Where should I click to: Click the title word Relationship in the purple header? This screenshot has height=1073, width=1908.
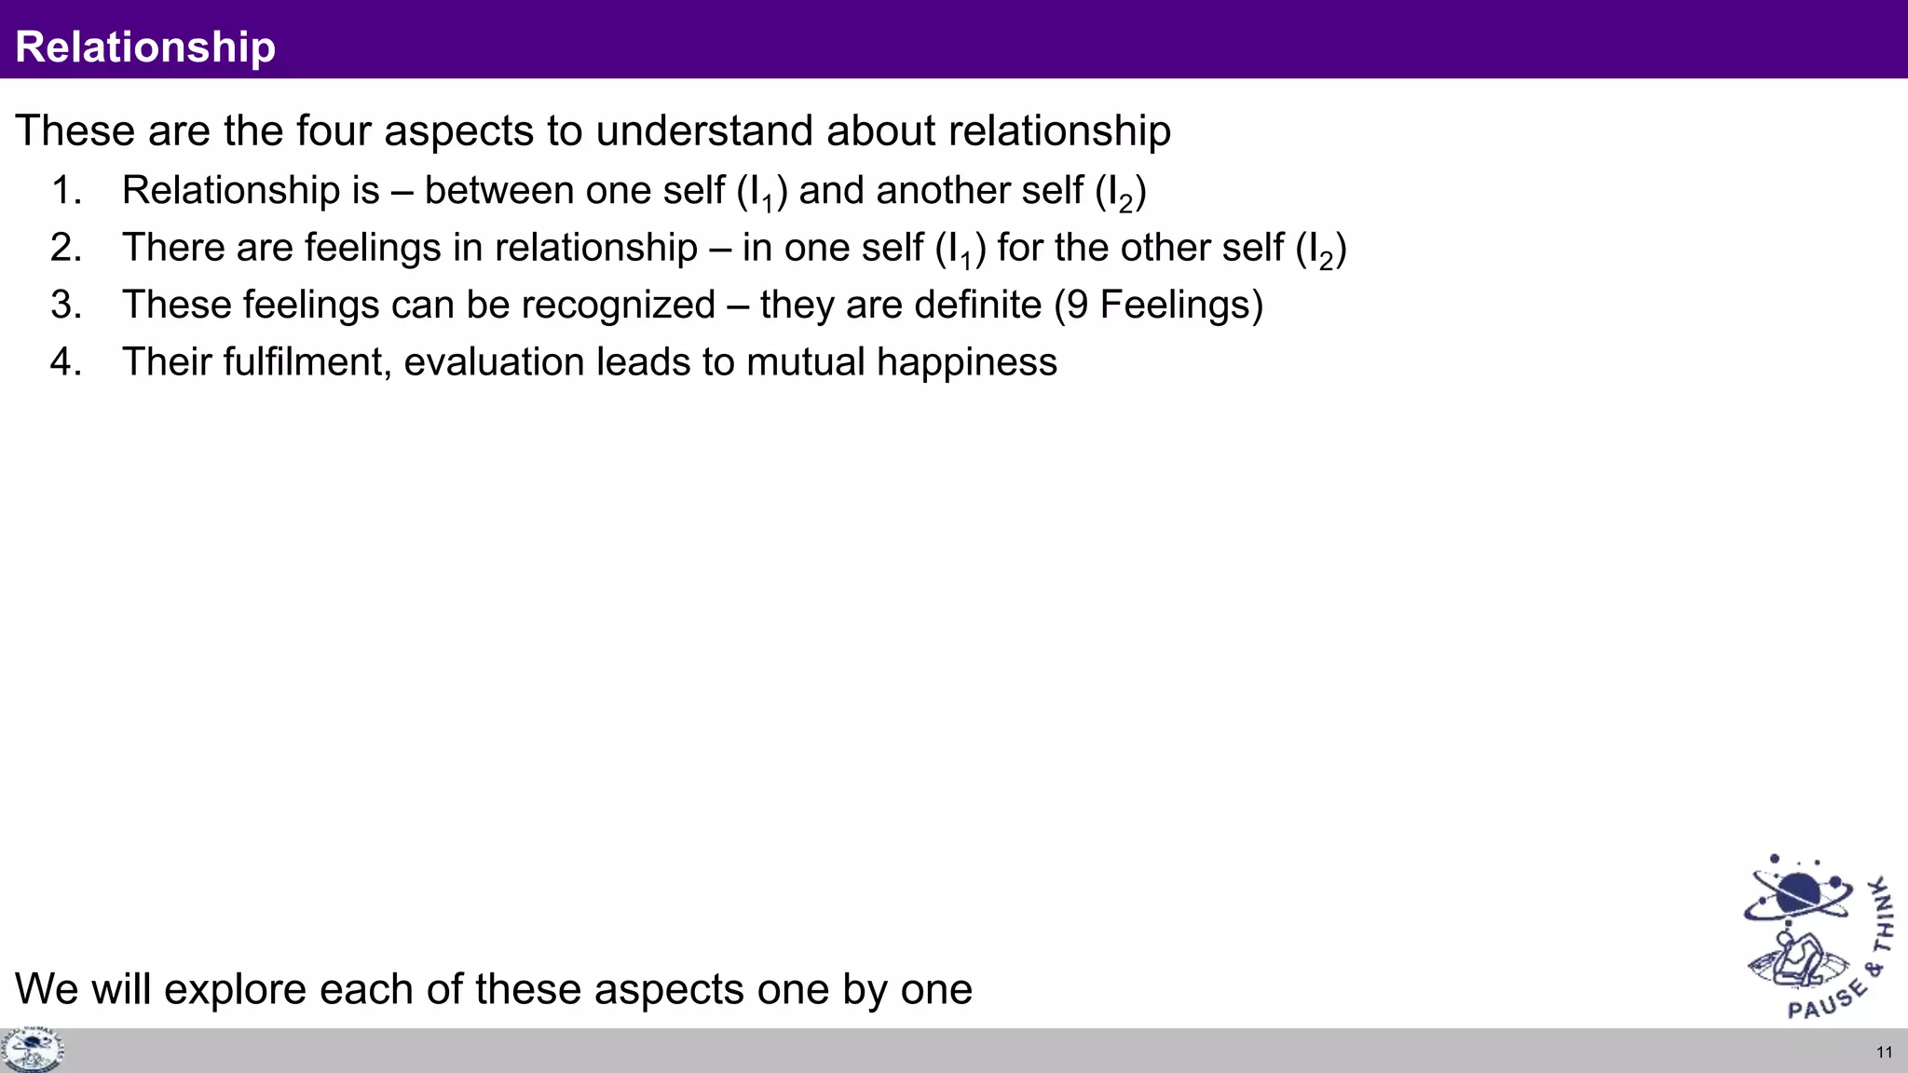point(145,47)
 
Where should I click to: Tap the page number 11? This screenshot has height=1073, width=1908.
point(1884,1053)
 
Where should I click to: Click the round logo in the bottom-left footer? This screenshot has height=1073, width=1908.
point(32,1051)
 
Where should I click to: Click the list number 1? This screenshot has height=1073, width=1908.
point(66,190)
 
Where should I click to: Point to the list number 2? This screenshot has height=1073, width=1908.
point(66,248)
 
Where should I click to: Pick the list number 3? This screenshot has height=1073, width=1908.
point(66,305)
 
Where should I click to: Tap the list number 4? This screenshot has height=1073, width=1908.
point(66,361)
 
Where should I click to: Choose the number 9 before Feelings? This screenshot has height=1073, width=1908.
point(1077,306)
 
